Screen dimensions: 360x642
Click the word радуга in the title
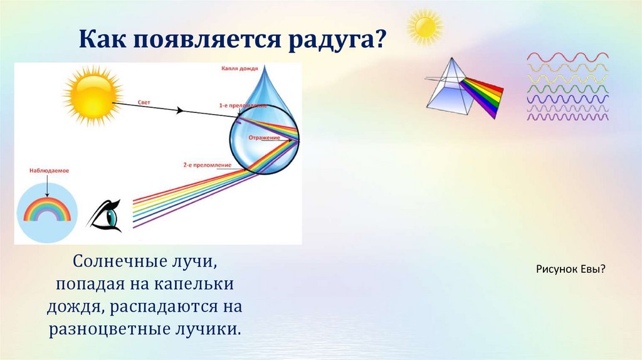pyautogui.click(x=335, y=41)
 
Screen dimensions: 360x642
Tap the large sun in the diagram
pyautogui.click(x=92, y=95)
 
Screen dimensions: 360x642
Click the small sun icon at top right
pyautogui.click(x=424, y=26)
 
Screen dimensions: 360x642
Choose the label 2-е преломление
pyautogui.click(x=208, y=164)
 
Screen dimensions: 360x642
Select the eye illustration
pyautogui.click(x=105, y=214)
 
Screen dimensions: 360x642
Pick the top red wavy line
pyautogui.click(x=567, y=57)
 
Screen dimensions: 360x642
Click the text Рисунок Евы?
pyautogui.click(x=571, y=269)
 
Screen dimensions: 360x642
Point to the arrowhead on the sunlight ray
pyautogui.click(x=180, y=110)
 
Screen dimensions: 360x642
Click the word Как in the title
pyautogui.click(x=102, y=41)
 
